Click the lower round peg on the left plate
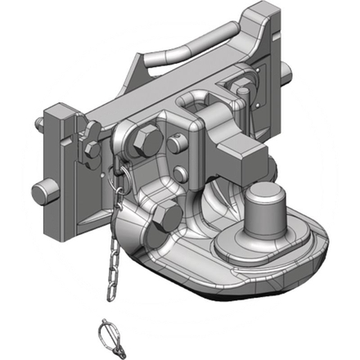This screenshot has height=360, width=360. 43,193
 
